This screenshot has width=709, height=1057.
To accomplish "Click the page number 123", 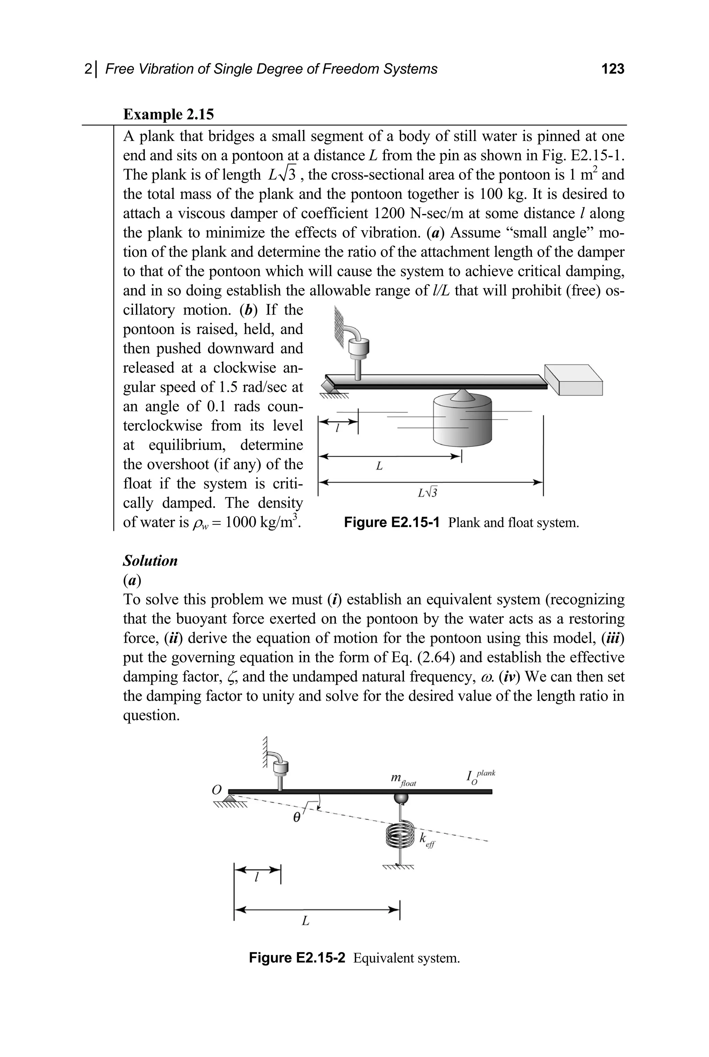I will pyautogui.click(x=613, y=69).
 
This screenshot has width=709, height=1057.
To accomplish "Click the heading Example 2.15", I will pyautogui.click(x=168, y=114).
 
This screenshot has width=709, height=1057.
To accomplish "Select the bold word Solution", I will pyautogui.click(x=150, y=561).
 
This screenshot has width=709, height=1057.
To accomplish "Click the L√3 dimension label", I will pyautogui.click(x=427, y=493).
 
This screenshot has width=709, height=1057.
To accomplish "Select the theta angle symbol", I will pyautogui.click(x=297, y=817).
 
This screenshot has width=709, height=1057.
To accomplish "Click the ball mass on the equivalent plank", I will pyautogui.click(x=400, y=799).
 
